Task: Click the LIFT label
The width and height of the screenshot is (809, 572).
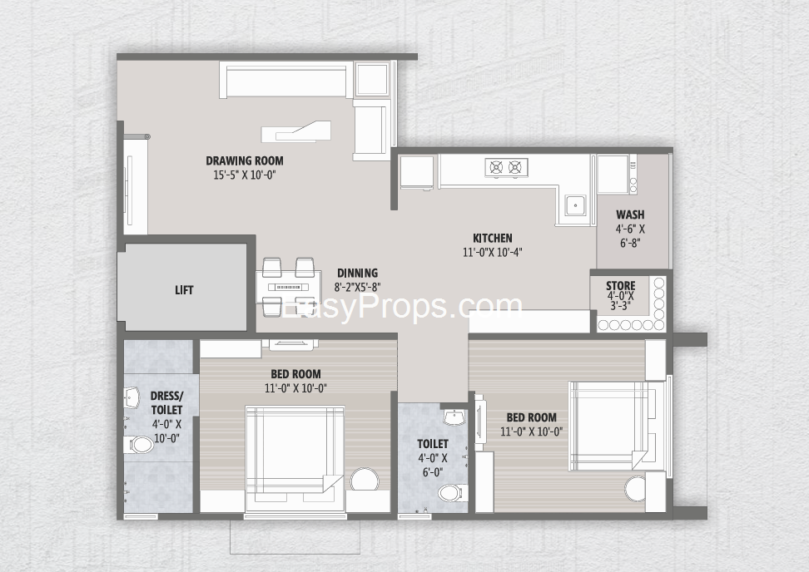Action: tap(184, 290)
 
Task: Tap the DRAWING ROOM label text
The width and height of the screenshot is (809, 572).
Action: tap(245, 160)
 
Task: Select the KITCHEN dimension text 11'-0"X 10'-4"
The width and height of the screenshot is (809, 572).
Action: tap(493, 253)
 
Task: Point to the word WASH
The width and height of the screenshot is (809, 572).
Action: tap(630, 214)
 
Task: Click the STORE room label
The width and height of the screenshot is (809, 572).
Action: tap(621, 286)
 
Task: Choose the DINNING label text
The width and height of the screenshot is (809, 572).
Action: tap(358, 273)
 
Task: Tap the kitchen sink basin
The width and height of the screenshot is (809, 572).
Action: tap(574, 205)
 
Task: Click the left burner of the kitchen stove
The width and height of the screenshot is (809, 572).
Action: tap(496, 167)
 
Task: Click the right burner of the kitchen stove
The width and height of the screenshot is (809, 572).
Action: tap(514, 167)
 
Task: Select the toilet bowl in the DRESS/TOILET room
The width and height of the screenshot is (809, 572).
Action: tap(138, 444)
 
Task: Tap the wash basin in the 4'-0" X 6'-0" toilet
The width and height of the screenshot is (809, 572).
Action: tap(455, 418)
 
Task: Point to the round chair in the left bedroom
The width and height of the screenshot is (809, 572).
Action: tap(365, 481)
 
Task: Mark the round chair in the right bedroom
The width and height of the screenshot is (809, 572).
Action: tap(638, 487)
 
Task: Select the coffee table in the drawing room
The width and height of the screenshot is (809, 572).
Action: tap(295, 131)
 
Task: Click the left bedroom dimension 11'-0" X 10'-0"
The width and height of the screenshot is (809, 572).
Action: tap(295, 388)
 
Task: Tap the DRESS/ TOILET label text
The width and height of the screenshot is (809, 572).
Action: tap(166, 403)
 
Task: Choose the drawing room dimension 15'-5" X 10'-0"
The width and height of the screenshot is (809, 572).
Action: tap(245, 175)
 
